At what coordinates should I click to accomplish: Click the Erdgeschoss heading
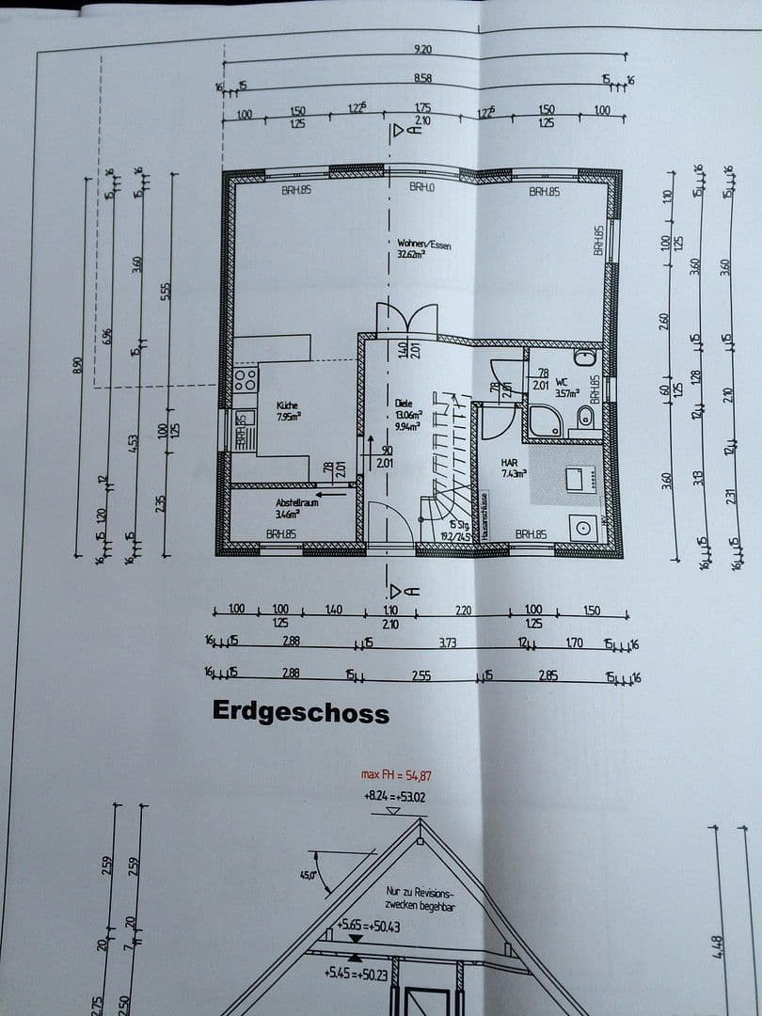tap(300, 711)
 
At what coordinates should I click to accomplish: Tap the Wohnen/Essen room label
tap(423, 246)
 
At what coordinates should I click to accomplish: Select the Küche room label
tap(287, 405)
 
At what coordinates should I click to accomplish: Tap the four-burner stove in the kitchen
tap(246, 379)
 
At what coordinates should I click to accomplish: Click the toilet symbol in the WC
tap(585, 418)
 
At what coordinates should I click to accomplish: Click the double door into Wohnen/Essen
tap(406, 321)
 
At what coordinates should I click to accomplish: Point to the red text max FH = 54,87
tap(397, 775)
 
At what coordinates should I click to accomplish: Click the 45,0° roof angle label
tap(307, 875)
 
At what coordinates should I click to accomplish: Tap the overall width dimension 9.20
tap(423, 48)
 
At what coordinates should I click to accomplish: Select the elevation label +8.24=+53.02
tap(395, 796)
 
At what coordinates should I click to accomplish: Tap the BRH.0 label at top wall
tap(422, 188)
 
